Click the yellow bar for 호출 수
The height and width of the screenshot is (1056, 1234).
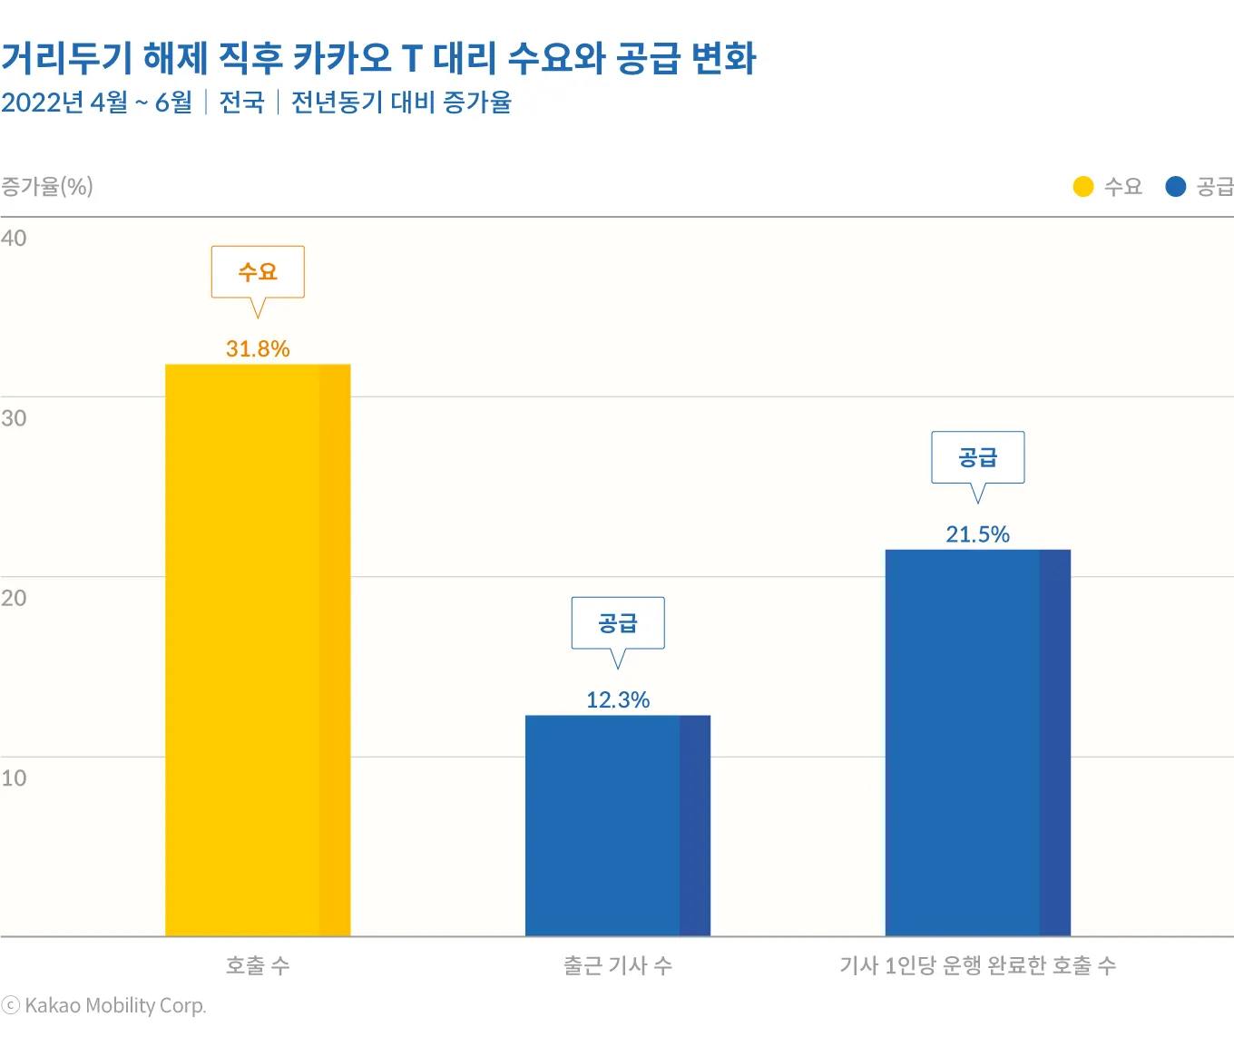(x=258, y=650)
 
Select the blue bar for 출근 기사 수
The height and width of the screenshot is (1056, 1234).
(x=618, y=826)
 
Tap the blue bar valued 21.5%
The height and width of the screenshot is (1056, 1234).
(x=978, y=742)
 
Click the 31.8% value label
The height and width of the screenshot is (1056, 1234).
(x=258, y=349)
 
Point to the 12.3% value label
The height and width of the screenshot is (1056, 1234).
(x=618, y=700)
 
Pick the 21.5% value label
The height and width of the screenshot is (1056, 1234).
(x=978, y=534)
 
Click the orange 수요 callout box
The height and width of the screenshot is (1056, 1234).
(x=258, y=272)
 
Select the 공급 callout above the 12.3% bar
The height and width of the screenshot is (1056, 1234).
(x=618, y=623)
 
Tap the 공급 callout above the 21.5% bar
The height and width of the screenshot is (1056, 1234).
(x=978, y=457)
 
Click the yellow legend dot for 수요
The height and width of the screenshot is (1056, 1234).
(x=1083, y=187)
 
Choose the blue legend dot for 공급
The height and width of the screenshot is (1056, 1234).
(x=1176, y=187)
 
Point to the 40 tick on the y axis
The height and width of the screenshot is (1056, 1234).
(x=14, y=239)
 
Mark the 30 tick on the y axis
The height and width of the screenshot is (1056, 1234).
(x=14, y=418)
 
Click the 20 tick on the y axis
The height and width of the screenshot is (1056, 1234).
(x=14, y=598)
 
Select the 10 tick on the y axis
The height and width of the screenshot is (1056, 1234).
(x=14, y=778)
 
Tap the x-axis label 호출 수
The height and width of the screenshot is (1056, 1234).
(x=258, y=965)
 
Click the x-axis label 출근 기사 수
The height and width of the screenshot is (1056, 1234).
(x=618, y=965)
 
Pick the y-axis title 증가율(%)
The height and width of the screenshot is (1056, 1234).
(x=47, y=187)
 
